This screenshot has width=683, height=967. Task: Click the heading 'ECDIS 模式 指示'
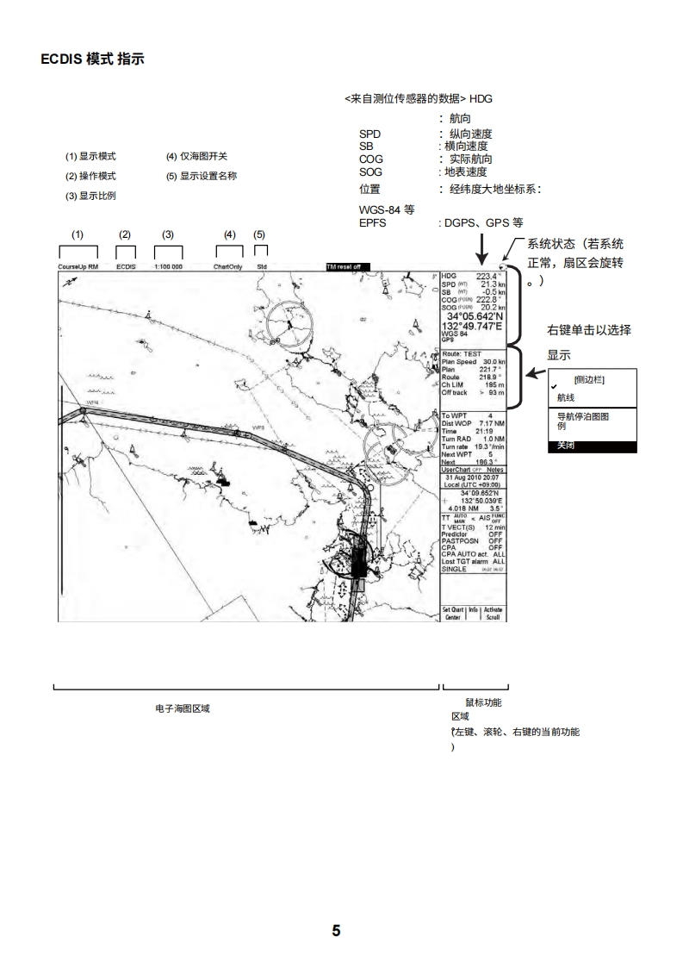tap(92, 59)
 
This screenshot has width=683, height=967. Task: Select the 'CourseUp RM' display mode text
tap(78, 267)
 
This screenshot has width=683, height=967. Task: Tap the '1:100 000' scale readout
tap(168, 267)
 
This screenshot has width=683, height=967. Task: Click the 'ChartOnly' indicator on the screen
tap(228, 267)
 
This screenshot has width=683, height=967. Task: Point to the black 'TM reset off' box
tap(348, 267)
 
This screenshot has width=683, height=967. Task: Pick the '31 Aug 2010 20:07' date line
tap(472, 477)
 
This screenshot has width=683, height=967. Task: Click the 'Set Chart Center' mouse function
tap(453, 613)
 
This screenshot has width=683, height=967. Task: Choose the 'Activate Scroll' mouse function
tap(494, 613)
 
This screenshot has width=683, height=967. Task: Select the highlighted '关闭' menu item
tap(566, 446)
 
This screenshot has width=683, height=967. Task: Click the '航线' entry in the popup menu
tap(566, 397)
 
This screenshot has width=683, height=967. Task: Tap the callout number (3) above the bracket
tap(168, 234)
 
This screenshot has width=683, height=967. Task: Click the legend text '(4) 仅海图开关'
tap(196, 157)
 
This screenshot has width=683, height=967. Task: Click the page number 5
tap(337, 930)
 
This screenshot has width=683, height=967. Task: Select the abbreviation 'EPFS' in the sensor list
tap(372, 222)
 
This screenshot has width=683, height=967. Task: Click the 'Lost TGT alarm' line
tap(466, 562)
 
